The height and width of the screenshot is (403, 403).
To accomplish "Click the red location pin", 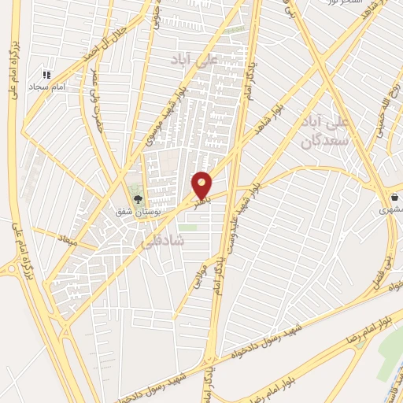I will [x=202, y=184].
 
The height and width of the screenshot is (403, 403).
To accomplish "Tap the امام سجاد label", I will [x=39, y=85].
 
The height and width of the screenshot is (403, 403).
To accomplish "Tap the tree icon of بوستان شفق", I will [x=139, y=199].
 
